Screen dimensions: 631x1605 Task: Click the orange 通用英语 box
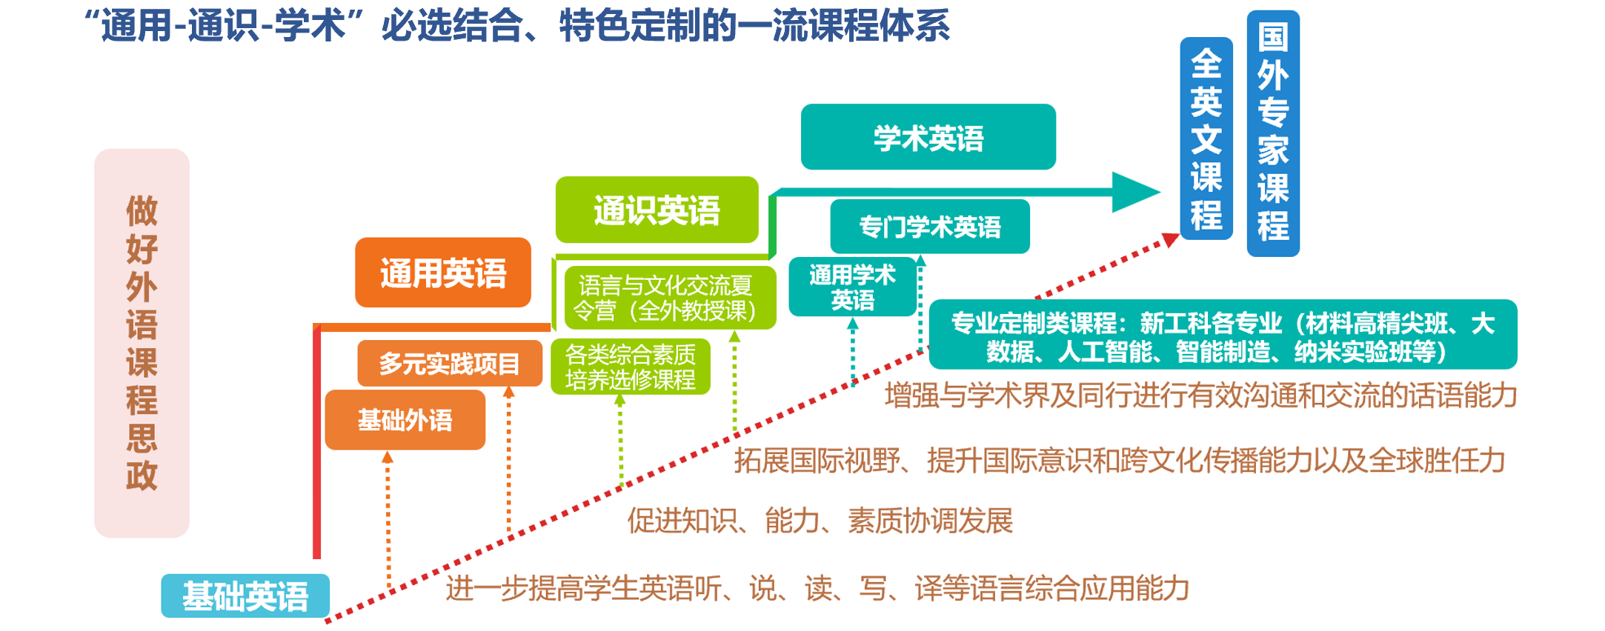442,273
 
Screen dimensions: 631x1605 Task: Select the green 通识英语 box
657,210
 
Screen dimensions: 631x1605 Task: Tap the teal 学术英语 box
928,137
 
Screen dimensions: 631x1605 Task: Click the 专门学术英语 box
929,227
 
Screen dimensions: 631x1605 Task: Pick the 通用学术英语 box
852,287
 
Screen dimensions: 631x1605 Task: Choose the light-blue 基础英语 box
245,595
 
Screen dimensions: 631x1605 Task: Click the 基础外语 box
405,420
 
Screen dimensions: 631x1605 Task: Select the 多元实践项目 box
449,363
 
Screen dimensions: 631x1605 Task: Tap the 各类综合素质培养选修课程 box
630,367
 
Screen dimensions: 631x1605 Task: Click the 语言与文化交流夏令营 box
669,298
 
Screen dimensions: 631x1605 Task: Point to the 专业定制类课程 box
1222,335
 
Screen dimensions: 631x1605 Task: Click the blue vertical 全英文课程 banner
1206,138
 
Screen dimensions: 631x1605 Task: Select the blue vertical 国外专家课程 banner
1272,133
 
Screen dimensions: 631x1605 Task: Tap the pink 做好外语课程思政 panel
142,343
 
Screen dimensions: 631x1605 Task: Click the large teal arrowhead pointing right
1134,192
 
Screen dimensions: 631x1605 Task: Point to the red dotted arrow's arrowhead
1170,239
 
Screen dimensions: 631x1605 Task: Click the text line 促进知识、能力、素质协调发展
820,521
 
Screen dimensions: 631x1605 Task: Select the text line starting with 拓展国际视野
1119,461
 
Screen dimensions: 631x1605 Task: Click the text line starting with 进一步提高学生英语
817,589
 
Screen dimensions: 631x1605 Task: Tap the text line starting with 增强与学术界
1200,395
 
